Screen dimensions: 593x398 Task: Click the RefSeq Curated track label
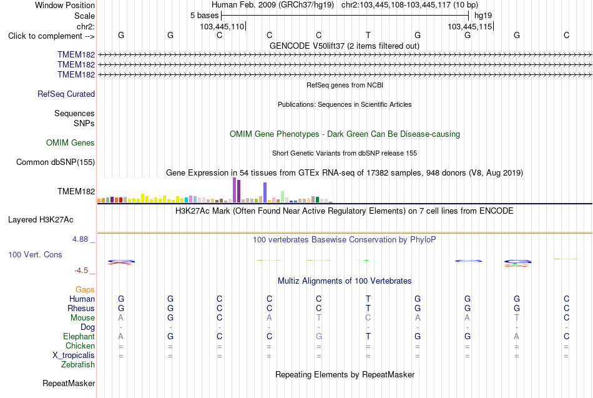[x=66, y=94]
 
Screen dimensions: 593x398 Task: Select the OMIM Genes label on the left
[x=71, y=142]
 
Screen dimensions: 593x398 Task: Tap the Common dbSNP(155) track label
[x=56, y=162]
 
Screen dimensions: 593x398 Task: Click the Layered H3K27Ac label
[x=41, y=220]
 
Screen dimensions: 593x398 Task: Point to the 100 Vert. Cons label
[x=35, y=254]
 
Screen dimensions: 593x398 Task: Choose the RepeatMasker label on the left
[x=69, y=383]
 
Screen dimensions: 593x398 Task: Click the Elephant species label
[x=79, y=336]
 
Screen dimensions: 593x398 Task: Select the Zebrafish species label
[x=78, y=364]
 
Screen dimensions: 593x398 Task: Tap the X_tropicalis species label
[x=74, y=356]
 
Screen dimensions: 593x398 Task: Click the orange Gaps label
[x=85, y=290]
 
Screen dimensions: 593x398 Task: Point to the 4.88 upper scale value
[x=80, y=239]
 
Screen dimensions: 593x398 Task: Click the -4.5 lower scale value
[x=81, y=271]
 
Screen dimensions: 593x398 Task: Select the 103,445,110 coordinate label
[x=222, y=26]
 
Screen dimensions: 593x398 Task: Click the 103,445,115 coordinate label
[x=469, y=26]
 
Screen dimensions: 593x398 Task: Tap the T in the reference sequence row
[x=368, y=35]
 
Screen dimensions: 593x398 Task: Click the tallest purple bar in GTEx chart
[x=235, y=190]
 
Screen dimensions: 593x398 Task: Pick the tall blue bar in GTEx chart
[x=265, y=192]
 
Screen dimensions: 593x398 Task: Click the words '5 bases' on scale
[x=204, y=16]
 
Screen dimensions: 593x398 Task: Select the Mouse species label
[x=82, y=318]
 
